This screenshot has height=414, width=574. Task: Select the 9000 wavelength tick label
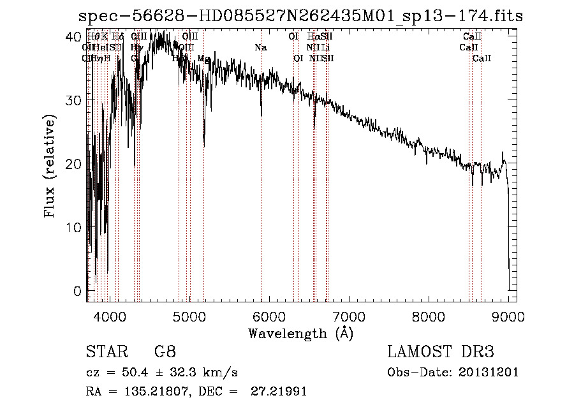(x=508, y=314)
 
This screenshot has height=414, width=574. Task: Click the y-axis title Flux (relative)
(x=50, y=165)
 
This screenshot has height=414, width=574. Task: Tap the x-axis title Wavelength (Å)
(x=300, y=333)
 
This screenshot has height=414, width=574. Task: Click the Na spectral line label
(x=260, y=48)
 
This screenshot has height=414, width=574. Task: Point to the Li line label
(x=325, y=48)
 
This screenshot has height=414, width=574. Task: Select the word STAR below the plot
(x=104, y=352)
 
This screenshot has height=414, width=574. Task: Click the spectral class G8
(x=165, y=352)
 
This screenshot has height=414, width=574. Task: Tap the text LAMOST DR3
(x=440, y=352)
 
